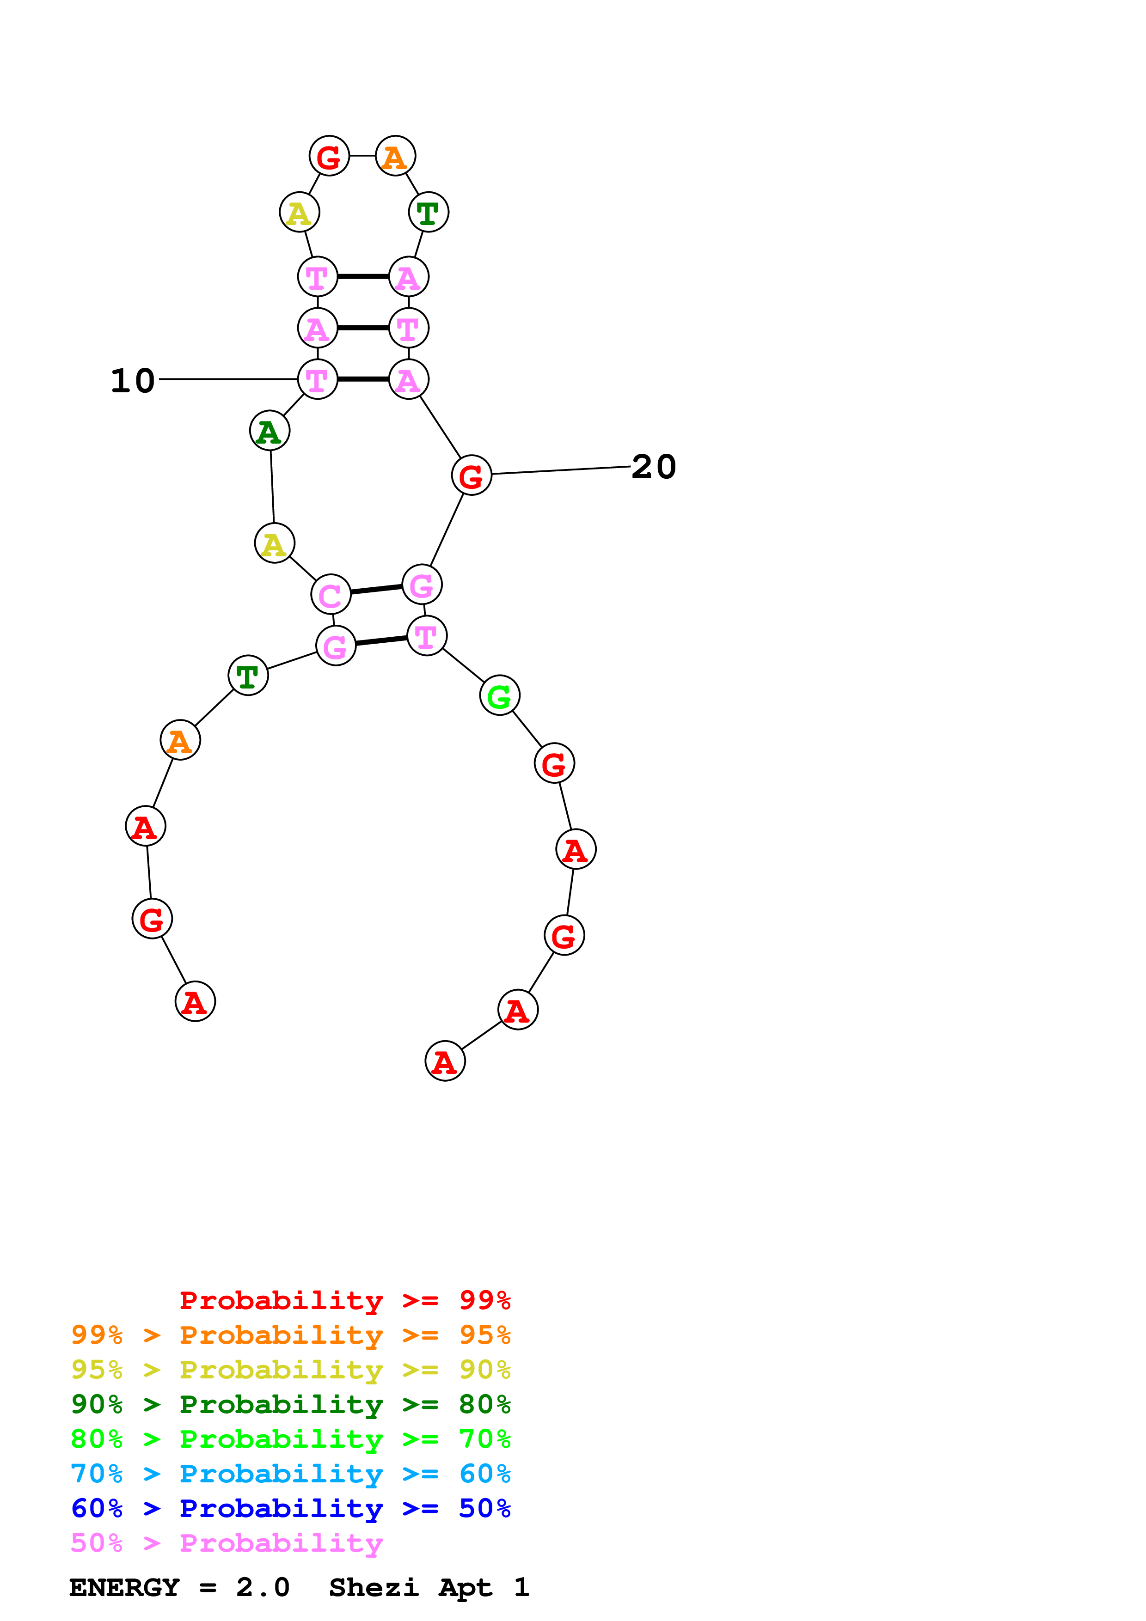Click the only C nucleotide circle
tap(331, 594)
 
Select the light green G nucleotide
tap(499, 695)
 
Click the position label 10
tap(133, 381)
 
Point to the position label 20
tap(654, 467)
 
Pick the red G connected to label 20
tap(471, 475)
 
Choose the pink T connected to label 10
tap(317, 379)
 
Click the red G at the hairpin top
tap(329, 156)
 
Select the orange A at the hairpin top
tap(395, 156)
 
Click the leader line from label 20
tap(561, 470)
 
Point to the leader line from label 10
tap(228, 379)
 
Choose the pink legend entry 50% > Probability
tap(227, 1543)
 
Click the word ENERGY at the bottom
tap(124, 1588)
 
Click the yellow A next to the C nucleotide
tap(274, 543)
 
